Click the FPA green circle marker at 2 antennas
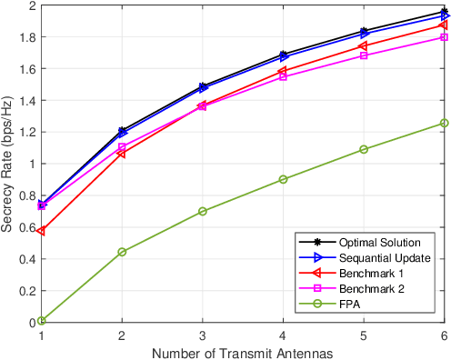pyautogui.click(x=122, y=252)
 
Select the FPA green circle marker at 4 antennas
pyautogui.click(x=284, y=179)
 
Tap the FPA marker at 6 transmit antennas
pyautogui.click(x=445, y=123)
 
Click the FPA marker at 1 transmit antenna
pyautogui.click(x=42, y=320)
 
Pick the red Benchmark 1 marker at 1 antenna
pyautogui.click(x=42, y=231)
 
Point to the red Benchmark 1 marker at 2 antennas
pyautogui.click(x=122, y=154)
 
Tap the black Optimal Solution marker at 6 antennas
pyautogui.click(x=445, y=13)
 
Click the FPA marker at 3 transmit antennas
pyautogui.click(x=203, y=211)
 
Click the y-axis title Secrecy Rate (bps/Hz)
pyautogui.click(x=8, y=164)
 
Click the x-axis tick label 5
pyautogui.click(x=364, y=335)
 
